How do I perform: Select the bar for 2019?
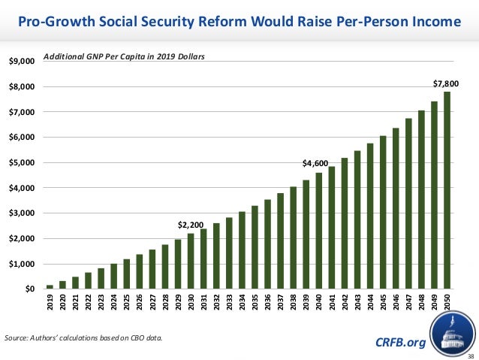tap(50, 286)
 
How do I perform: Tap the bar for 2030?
tap(191, 262)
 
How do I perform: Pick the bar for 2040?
tap(319, 231)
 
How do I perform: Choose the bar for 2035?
tap(255, 247)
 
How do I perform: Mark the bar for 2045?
tap(383, 213)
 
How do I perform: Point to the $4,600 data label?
tap(315, 163)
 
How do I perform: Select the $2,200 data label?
tap(190, 224)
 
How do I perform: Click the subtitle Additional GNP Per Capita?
tap(124, 56)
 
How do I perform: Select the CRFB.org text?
tap(399, 343)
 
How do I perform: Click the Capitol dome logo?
tap(454, 331)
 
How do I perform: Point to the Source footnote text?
tap(82, 338)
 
